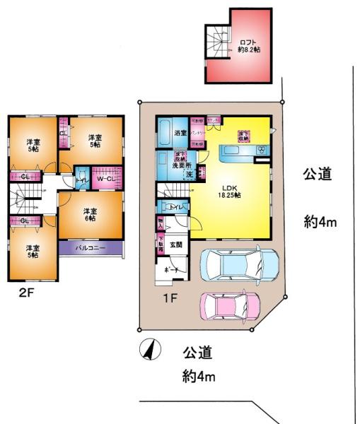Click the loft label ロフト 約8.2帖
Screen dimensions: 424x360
[248, 46]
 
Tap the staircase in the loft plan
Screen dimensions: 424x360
[216, 39]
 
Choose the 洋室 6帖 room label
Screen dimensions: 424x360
[89, 215]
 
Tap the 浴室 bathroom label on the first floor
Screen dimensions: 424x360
[180, 132]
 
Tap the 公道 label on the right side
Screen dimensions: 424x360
[318, 174]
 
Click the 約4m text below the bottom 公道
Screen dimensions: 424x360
[198, 377]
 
